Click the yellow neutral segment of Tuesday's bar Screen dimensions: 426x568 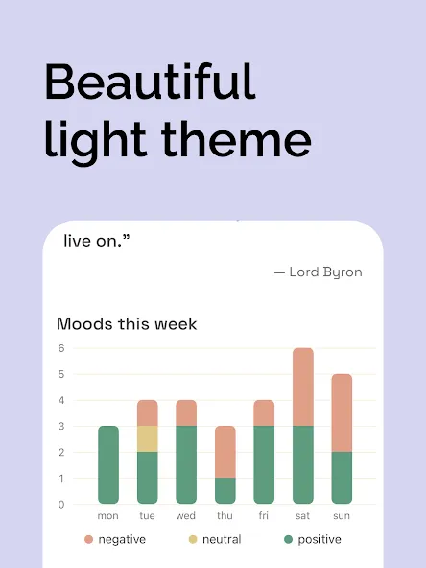[148, 439]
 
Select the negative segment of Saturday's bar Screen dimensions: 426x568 [303, 387]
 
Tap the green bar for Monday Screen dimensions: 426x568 [108, 464]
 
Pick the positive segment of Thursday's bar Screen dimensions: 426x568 [225, 491]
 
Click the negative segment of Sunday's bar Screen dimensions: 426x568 [342, 413]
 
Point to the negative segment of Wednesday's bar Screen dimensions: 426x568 [186, 413]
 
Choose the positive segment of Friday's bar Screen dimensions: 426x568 [264, 464]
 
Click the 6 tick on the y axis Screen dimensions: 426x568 [61, 348]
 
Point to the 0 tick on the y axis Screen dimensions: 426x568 [61, 505]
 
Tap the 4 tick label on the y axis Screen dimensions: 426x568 [61, 400]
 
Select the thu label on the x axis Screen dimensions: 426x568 [225, 515]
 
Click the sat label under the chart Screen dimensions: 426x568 [302, 515]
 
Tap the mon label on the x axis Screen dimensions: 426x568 [108, 516]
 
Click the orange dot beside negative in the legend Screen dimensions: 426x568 [88, 540]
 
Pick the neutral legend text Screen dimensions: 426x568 [222, 540]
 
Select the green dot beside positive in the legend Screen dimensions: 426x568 [289, 540]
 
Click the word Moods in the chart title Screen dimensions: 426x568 [84, 324]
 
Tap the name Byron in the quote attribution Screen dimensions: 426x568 [343, 272]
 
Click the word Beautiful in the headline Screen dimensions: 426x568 [151, 82]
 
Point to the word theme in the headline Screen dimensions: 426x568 [236, 139]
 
